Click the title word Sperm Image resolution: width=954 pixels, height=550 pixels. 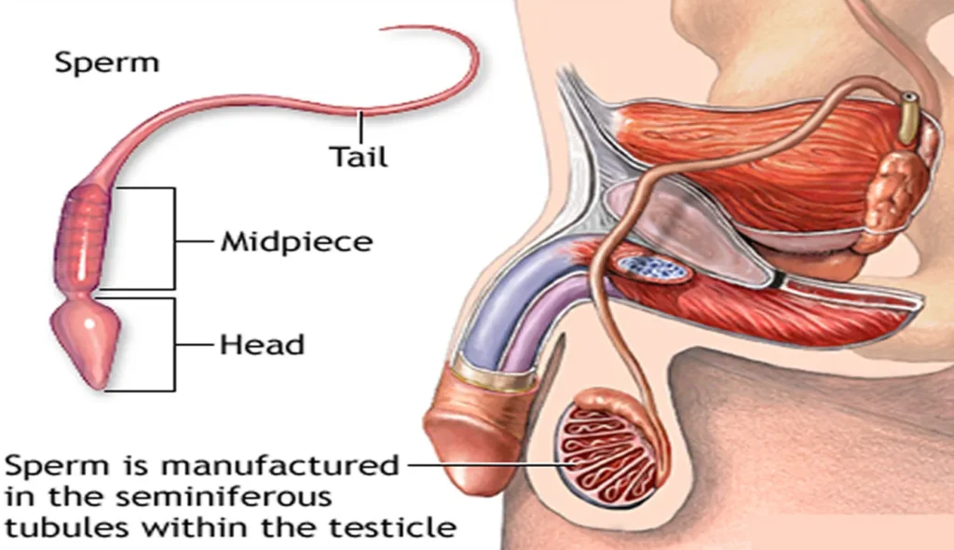click(x=107, y=62)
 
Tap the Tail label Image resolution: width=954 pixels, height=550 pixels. click(x=359, y=157)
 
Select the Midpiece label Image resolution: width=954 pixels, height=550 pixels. click(x=296, y=241)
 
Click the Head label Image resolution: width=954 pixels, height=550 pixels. click(x=262, y=345)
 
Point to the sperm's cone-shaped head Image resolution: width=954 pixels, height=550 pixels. click(x=86, y=341)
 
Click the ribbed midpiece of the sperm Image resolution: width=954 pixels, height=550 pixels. click(x=83, y=239)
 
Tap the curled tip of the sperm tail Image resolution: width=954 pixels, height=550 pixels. click(x=382, y=28)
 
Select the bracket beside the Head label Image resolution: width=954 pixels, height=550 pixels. click(x=174, y=345)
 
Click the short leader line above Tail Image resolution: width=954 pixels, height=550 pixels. click(x=361, y=127)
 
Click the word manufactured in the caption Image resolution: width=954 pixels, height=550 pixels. click(x=279, y=466)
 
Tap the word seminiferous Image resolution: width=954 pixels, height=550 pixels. click(x=224, y=497)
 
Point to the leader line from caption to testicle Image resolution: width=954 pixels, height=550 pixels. click(x=490, y=465)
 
